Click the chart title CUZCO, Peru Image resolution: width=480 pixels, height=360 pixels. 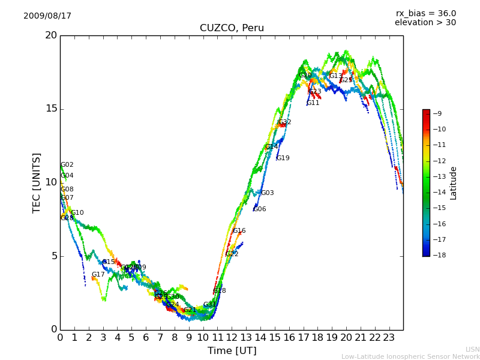[x=232, y=28]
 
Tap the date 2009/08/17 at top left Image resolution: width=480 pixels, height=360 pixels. [x=47, y=16]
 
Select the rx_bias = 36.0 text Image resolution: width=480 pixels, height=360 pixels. [x=425, y=14]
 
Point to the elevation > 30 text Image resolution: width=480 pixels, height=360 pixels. [x=425, y=23]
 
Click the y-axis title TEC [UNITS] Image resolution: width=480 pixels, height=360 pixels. [x=37, y=182]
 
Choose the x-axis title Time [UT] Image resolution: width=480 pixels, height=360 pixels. [x=232, y=351]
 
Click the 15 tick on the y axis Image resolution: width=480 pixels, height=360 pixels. [x=50, y=109]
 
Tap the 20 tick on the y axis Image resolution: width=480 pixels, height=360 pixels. [x=50, y=35]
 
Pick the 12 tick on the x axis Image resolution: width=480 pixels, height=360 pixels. [x=232, y=338]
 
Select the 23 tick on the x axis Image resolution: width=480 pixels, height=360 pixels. [x=389, y=338]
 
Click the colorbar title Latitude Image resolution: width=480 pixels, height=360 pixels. [x=454, y=183]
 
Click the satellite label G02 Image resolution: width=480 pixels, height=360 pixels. [x=67, y=165]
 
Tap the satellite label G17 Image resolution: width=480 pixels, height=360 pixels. [x=98, y=275]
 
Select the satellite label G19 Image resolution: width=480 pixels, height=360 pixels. [x=283, y=158]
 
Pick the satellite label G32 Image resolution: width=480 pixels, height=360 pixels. [x=284, y=122]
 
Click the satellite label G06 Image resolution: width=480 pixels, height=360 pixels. [x=259, y=209]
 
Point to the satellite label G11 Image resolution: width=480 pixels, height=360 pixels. [x=313, y=103]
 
